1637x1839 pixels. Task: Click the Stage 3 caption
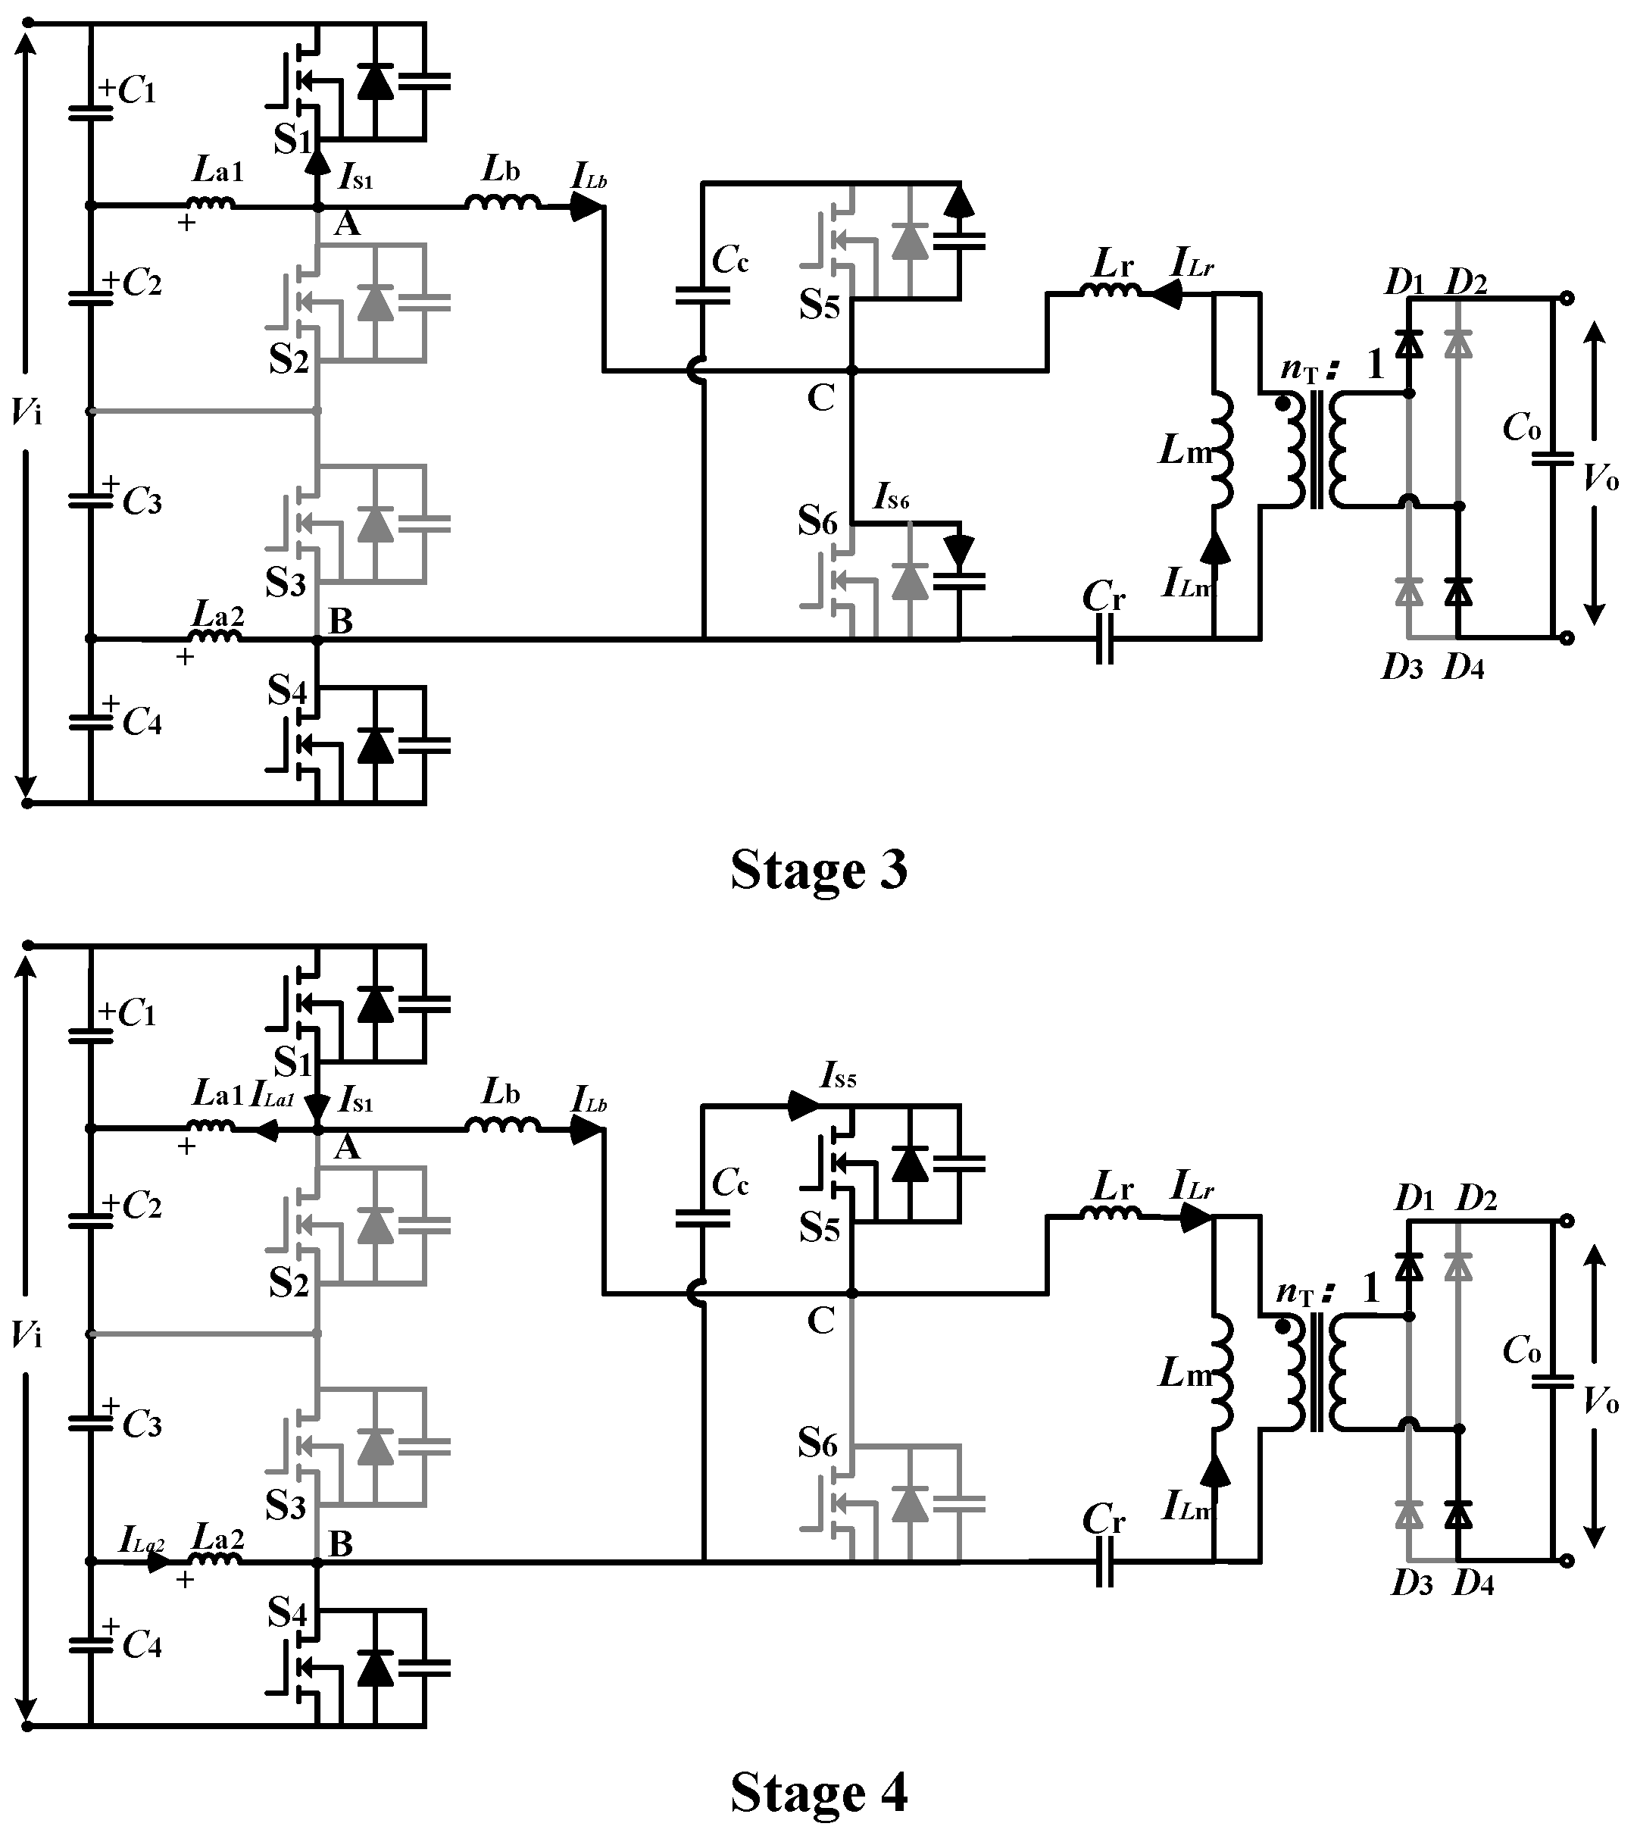[x=818, y=870]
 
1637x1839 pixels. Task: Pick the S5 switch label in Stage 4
[x=820, y=1229]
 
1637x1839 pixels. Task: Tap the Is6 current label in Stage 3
[x=892, y=496]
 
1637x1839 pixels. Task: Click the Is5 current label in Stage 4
[x=839, y=1074]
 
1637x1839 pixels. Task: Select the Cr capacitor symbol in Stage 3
[x=1104, y=639]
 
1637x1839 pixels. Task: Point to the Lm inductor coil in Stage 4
[x=1221, y=1373]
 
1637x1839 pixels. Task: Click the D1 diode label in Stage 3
[x=1404, y=283]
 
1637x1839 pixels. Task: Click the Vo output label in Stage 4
[x=1600, y=1403]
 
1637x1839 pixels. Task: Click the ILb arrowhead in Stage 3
[x=587, y=207]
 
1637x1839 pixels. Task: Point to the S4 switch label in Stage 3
[x=287, y=690]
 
